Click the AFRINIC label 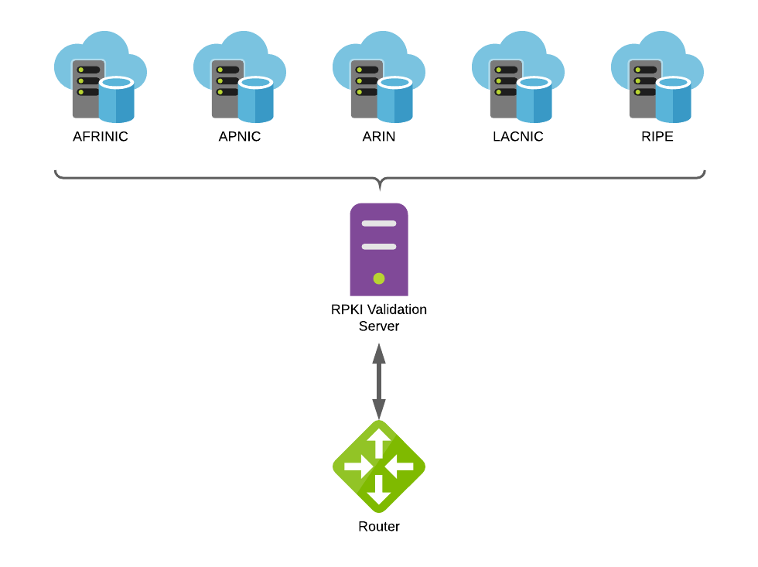pyautogui.click(x=101, y=137)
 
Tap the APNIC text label pyautogui.click(x=240, y=137)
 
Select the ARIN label pyautogui.click(x=379, y=137)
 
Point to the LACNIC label pyautogui.click(x=518, y=137)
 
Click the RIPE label pyautogui.click(x=657, y=137)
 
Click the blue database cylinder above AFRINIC pyautogui.click(x=117, y=100)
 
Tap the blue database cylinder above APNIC pyautogui.click(x=256, y=100)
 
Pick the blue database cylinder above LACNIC pyautogui.click(x=534, y=100)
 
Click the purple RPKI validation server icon pyautogui.click(x=379, y=249)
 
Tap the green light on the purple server pyautogui.click(x=379, y=278)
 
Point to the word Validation pyautogui.click(x=397, y=309)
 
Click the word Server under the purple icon pyautogui.click(x=379, y=326)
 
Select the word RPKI pyautogui.click(x=347, y=309)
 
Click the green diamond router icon pyautogui.click(x=379, y=466)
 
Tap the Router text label pyautogui.click(x=379, y=527)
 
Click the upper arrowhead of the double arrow pyautogui.click(x=379, y=354)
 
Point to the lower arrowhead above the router pyautogui.click(x=379, y=409)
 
